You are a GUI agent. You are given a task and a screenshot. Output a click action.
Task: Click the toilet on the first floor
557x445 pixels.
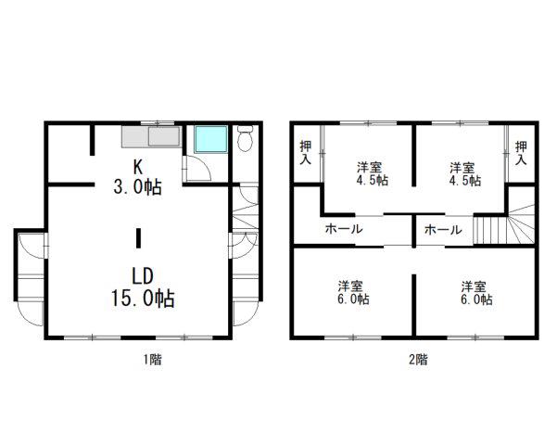click(245, 139)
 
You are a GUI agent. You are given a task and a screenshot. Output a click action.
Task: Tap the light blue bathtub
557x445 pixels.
click(211, 139)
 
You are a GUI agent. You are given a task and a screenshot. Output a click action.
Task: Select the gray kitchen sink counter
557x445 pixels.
click(151, 137)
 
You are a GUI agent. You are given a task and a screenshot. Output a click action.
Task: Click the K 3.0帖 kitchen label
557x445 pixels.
click(138, 177)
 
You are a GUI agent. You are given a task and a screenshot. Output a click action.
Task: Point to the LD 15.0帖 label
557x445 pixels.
click(143, 287)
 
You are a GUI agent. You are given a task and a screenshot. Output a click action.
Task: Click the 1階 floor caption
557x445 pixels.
click(152, 360)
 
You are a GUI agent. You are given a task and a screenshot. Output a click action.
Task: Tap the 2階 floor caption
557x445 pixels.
click(418, 360)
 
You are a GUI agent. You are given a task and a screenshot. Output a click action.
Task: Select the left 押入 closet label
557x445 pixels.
click(306, 152)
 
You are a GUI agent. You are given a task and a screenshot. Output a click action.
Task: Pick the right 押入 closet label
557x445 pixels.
click(521, 152)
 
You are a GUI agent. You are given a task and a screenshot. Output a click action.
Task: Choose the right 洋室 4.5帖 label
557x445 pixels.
click(464, 173)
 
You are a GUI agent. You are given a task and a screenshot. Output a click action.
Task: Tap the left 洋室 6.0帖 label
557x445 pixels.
click(353, 293)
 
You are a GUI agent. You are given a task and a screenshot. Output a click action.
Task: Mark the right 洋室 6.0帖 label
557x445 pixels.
click(476, 293)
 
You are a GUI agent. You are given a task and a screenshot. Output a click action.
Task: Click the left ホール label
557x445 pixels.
click(344, 229)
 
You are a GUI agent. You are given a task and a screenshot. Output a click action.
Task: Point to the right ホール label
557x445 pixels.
click(443, 230)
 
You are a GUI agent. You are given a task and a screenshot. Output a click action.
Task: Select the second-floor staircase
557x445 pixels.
click(504, 224)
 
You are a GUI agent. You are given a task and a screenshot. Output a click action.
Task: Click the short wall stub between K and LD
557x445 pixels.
click(138, 238)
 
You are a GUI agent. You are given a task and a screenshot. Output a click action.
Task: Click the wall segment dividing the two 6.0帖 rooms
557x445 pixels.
click(414, 305)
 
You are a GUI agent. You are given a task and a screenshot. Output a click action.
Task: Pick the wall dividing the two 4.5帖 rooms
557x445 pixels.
click(414, 156)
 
